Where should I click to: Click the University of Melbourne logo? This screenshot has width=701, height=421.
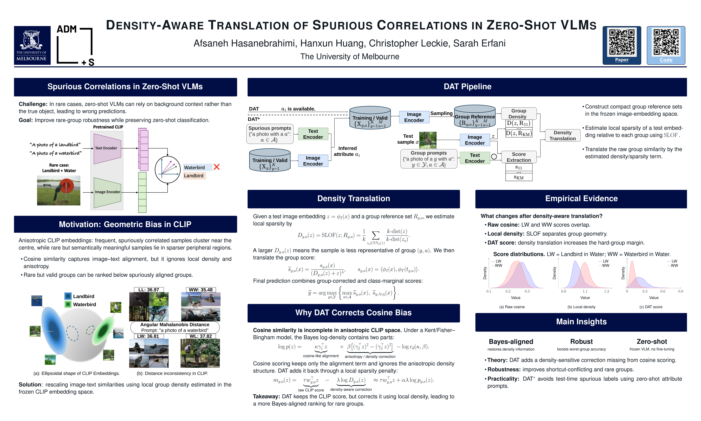point(32,45)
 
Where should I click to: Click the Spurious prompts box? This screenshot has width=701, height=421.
point(270,134)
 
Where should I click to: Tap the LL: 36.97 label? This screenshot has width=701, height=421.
point(149,290)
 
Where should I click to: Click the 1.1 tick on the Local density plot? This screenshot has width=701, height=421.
point(585,291)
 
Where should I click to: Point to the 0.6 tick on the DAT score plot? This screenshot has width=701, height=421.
point(663,291)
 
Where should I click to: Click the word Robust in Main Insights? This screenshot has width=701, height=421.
point(581,342)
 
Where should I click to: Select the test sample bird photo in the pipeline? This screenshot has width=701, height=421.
point(428,140)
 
